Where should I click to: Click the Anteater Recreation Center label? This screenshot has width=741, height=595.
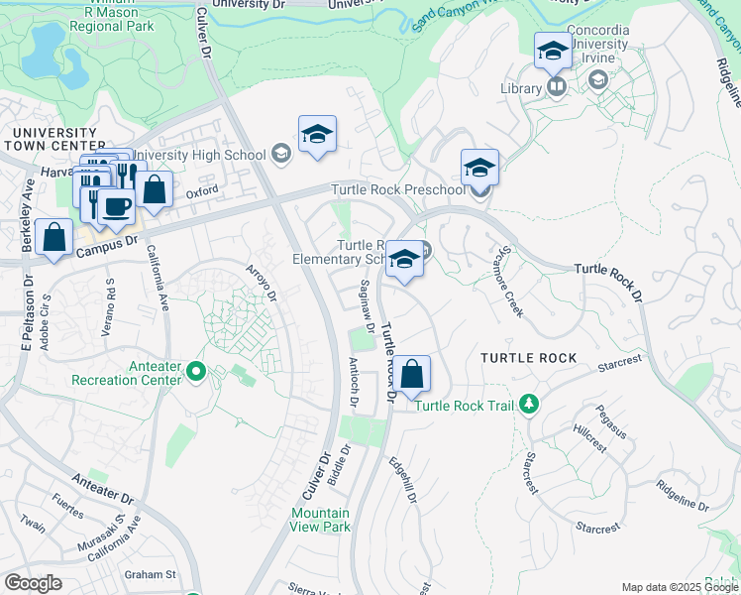(127, 372)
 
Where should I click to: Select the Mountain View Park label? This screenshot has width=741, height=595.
(320, 520)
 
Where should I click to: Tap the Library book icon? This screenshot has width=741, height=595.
(557, 88)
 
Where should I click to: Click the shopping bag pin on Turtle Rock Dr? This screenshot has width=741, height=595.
(414, 375)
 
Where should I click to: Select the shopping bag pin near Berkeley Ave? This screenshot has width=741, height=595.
(54, 238)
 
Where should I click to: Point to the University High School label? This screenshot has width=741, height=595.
(198, 154)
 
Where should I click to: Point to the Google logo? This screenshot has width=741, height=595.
(33, 583)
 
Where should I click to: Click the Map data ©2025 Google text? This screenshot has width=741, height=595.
(679, 588)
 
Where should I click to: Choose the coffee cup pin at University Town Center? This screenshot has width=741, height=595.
(117, 206)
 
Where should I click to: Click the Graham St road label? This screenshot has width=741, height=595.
(150, 574)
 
